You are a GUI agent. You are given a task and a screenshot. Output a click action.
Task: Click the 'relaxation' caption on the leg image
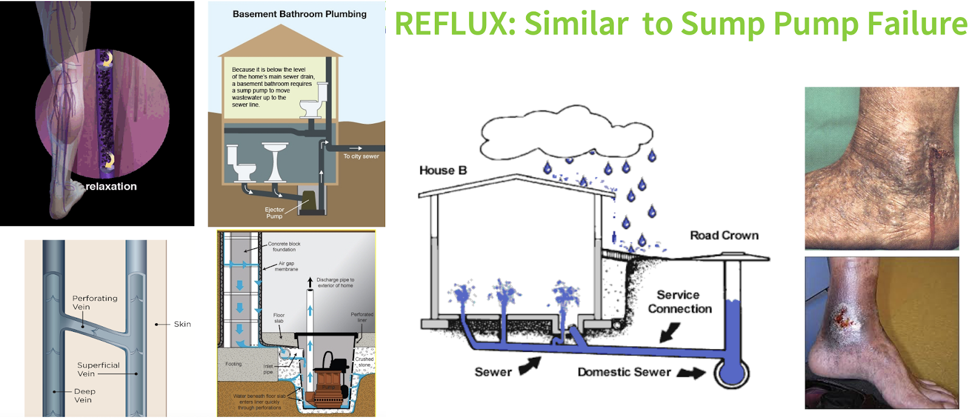[111, 187]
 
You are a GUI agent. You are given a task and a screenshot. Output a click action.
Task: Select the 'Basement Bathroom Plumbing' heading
[299, 14]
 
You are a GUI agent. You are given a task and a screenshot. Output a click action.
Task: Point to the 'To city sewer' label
[361, 156]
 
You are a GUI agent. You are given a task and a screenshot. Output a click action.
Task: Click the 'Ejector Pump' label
[274, 213]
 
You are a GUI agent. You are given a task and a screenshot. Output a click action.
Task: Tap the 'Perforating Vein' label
[95, 303]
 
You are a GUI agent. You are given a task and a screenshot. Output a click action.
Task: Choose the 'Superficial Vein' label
[98, 369]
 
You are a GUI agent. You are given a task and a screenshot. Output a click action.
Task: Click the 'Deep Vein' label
[84, 396]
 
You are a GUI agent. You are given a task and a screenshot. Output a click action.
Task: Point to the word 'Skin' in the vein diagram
[182, 324]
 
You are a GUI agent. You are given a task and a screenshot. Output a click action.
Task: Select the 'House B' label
[443, 171]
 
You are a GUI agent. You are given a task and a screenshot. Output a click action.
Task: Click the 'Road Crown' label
[724, 235]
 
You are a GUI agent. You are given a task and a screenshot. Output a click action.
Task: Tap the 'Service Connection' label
[679, 302]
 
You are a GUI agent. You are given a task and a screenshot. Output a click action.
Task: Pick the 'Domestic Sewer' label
[624, 372]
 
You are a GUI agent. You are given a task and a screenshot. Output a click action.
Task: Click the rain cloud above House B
[565, 134]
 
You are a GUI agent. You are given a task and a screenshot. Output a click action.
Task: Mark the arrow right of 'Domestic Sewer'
[691, 372]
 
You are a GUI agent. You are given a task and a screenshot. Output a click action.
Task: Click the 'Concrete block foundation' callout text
[284, 247]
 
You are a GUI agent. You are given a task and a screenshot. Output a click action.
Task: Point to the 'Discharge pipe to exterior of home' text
[335, 283]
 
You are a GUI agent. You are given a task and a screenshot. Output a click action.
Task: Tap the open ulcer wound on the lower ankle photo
[841, 315]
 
